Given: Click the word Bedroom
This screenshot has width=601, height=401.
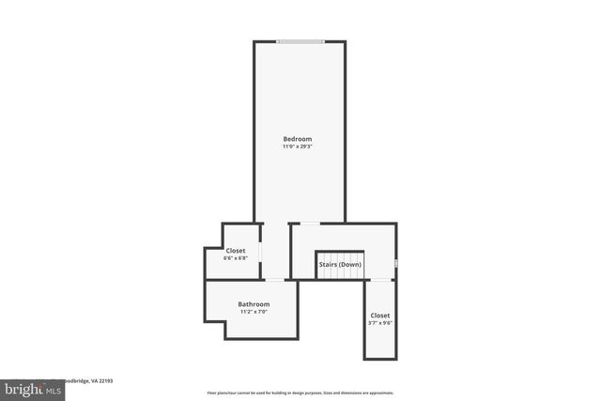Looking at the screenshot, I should coord(298,139).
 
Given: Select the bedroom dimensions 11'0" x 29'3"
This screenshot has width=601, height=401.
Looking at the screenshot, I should coord(298,147).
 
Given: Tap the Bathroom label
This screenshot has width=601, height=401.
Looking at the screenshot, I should coord(254,304).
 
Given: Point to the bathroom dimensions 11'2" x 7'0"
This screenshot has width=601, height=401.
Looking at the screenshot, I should coord(254,312).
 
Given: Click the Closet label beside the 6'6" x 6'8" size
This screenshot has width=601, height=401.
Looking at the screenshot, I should coord(235,251).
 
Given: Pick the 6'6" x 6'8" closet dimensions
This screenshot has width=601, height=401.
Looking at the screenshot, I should coord(235,258).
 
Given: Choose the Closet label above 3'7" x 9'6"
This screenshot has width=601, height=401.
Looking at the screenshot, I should coord(380,316).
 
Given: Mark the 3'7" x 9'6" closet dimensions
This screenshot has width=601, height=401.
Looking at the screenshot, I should coord(380,323).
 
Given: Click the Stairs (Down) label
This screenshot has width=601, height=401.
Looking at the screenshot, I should coord(340,265).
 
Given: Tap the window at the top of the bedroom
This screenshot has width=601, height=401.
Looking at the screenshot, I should coord(300,40).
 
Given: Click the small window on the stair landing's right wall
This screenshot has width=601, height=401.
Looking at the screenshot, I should coord(396,264).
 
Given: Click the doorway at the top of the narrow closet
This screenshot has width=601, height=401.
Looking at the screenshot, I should coord(380,279).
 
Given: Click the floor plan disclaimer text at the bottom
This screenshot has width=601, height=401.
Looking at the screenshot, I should coord(300,393).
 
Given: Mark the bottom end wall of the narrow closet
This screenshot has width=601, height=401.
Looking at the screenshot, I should coord(380,358).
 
